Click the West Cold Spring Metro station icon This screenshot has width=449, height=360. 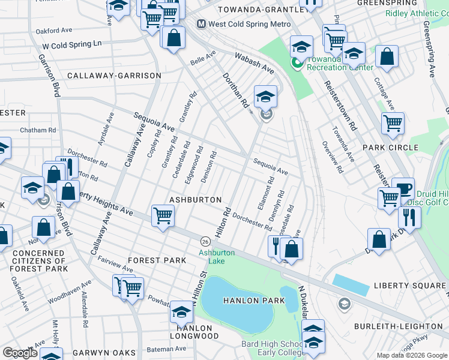click(x=202, y=24)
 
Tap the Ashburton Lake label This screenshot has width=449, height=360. click(x=216, y=257)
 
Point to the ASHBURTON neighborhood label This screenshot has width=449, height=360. click(x=196, y=199)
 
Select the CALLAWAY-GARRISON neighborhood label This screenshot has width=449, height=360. click(x=114, y=76)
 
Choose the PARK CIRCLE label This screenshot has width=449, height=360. click(x=390, y=148)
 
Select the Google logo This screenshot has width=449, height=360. click(x=20, y=352)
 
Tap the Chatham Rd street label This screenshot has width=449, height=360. click(x=37, y=130)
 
